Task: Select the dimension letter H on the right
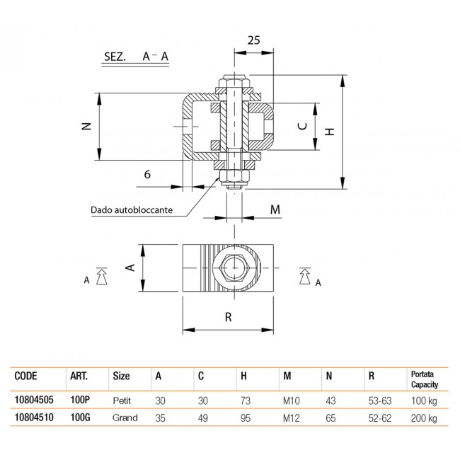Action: point(328,131)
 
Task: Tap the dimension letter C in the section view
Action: point(301,126)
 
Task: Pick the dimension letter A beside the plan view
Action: point(130,268)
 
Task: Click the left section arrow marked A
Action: point(100,276)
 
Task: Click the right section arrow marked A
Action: point(307,276)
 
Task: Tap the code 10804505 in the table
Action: point(33,399)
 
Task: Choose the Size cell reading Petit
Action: point(122,399)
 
